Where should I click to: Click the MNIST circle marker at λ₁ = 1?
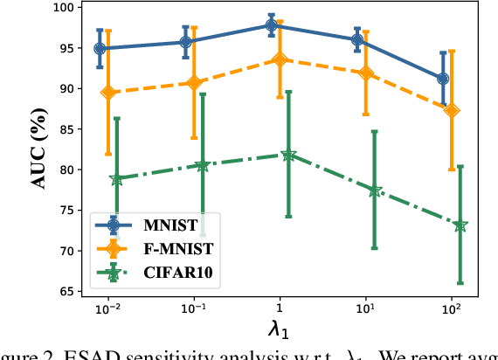tap(272, 25)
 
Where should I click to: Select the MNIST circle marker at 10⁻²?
tap(100, 49)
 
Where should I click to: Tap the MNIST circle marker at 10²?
tap(443, 79)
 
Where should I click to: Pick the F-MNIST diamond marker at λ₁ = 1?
tap(280, 60)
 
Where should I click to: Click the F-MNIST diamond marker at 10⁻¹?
tap(194, 82)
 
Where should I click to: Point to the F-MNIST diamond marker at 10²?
tap(452, 110)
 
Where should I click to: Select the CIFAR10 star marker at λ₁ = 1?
tap(288, 155)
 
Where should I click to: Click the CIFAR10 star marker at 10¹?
tap(374, 190)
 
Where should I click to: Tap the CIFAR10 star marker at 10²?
tap(460, 225)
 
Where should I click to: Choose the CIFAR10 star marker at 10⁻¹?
tap(203, 165)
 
